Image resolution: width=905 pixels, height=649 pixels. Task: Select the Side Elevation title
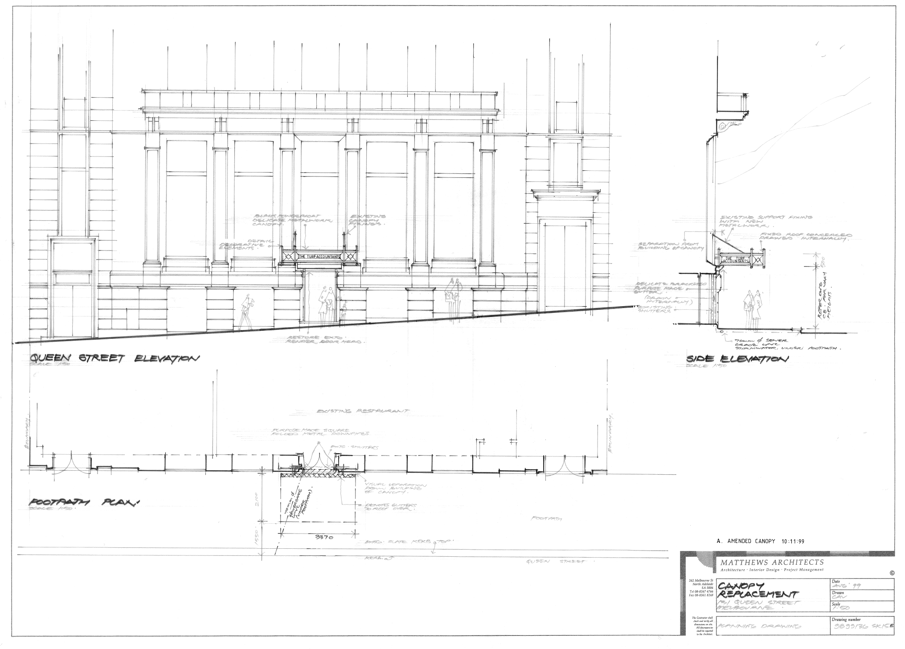[737, 359]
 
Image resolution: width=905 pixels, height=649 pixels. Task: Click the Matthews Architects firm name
[772, 563]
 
